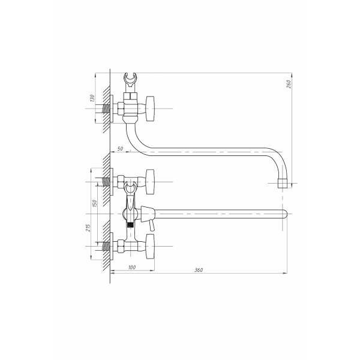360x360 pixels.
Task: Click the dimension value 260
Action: [289, 84]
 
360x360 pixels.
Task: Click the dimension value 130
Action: [92, 98]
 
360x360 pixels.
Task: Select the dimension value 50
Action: [120, 149]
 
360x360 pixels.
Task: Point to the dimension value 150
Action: [94, 203]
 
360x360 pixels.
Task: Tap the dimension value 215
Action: [88, 227]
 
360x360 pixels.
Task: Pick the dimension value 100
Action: [132, 268]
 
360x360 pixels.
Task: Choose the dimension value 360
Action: [199, 270]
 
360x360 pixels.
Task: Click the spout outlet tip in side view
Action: [283, 183]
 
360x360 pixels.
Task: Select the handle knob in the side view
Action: [149, 109]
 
